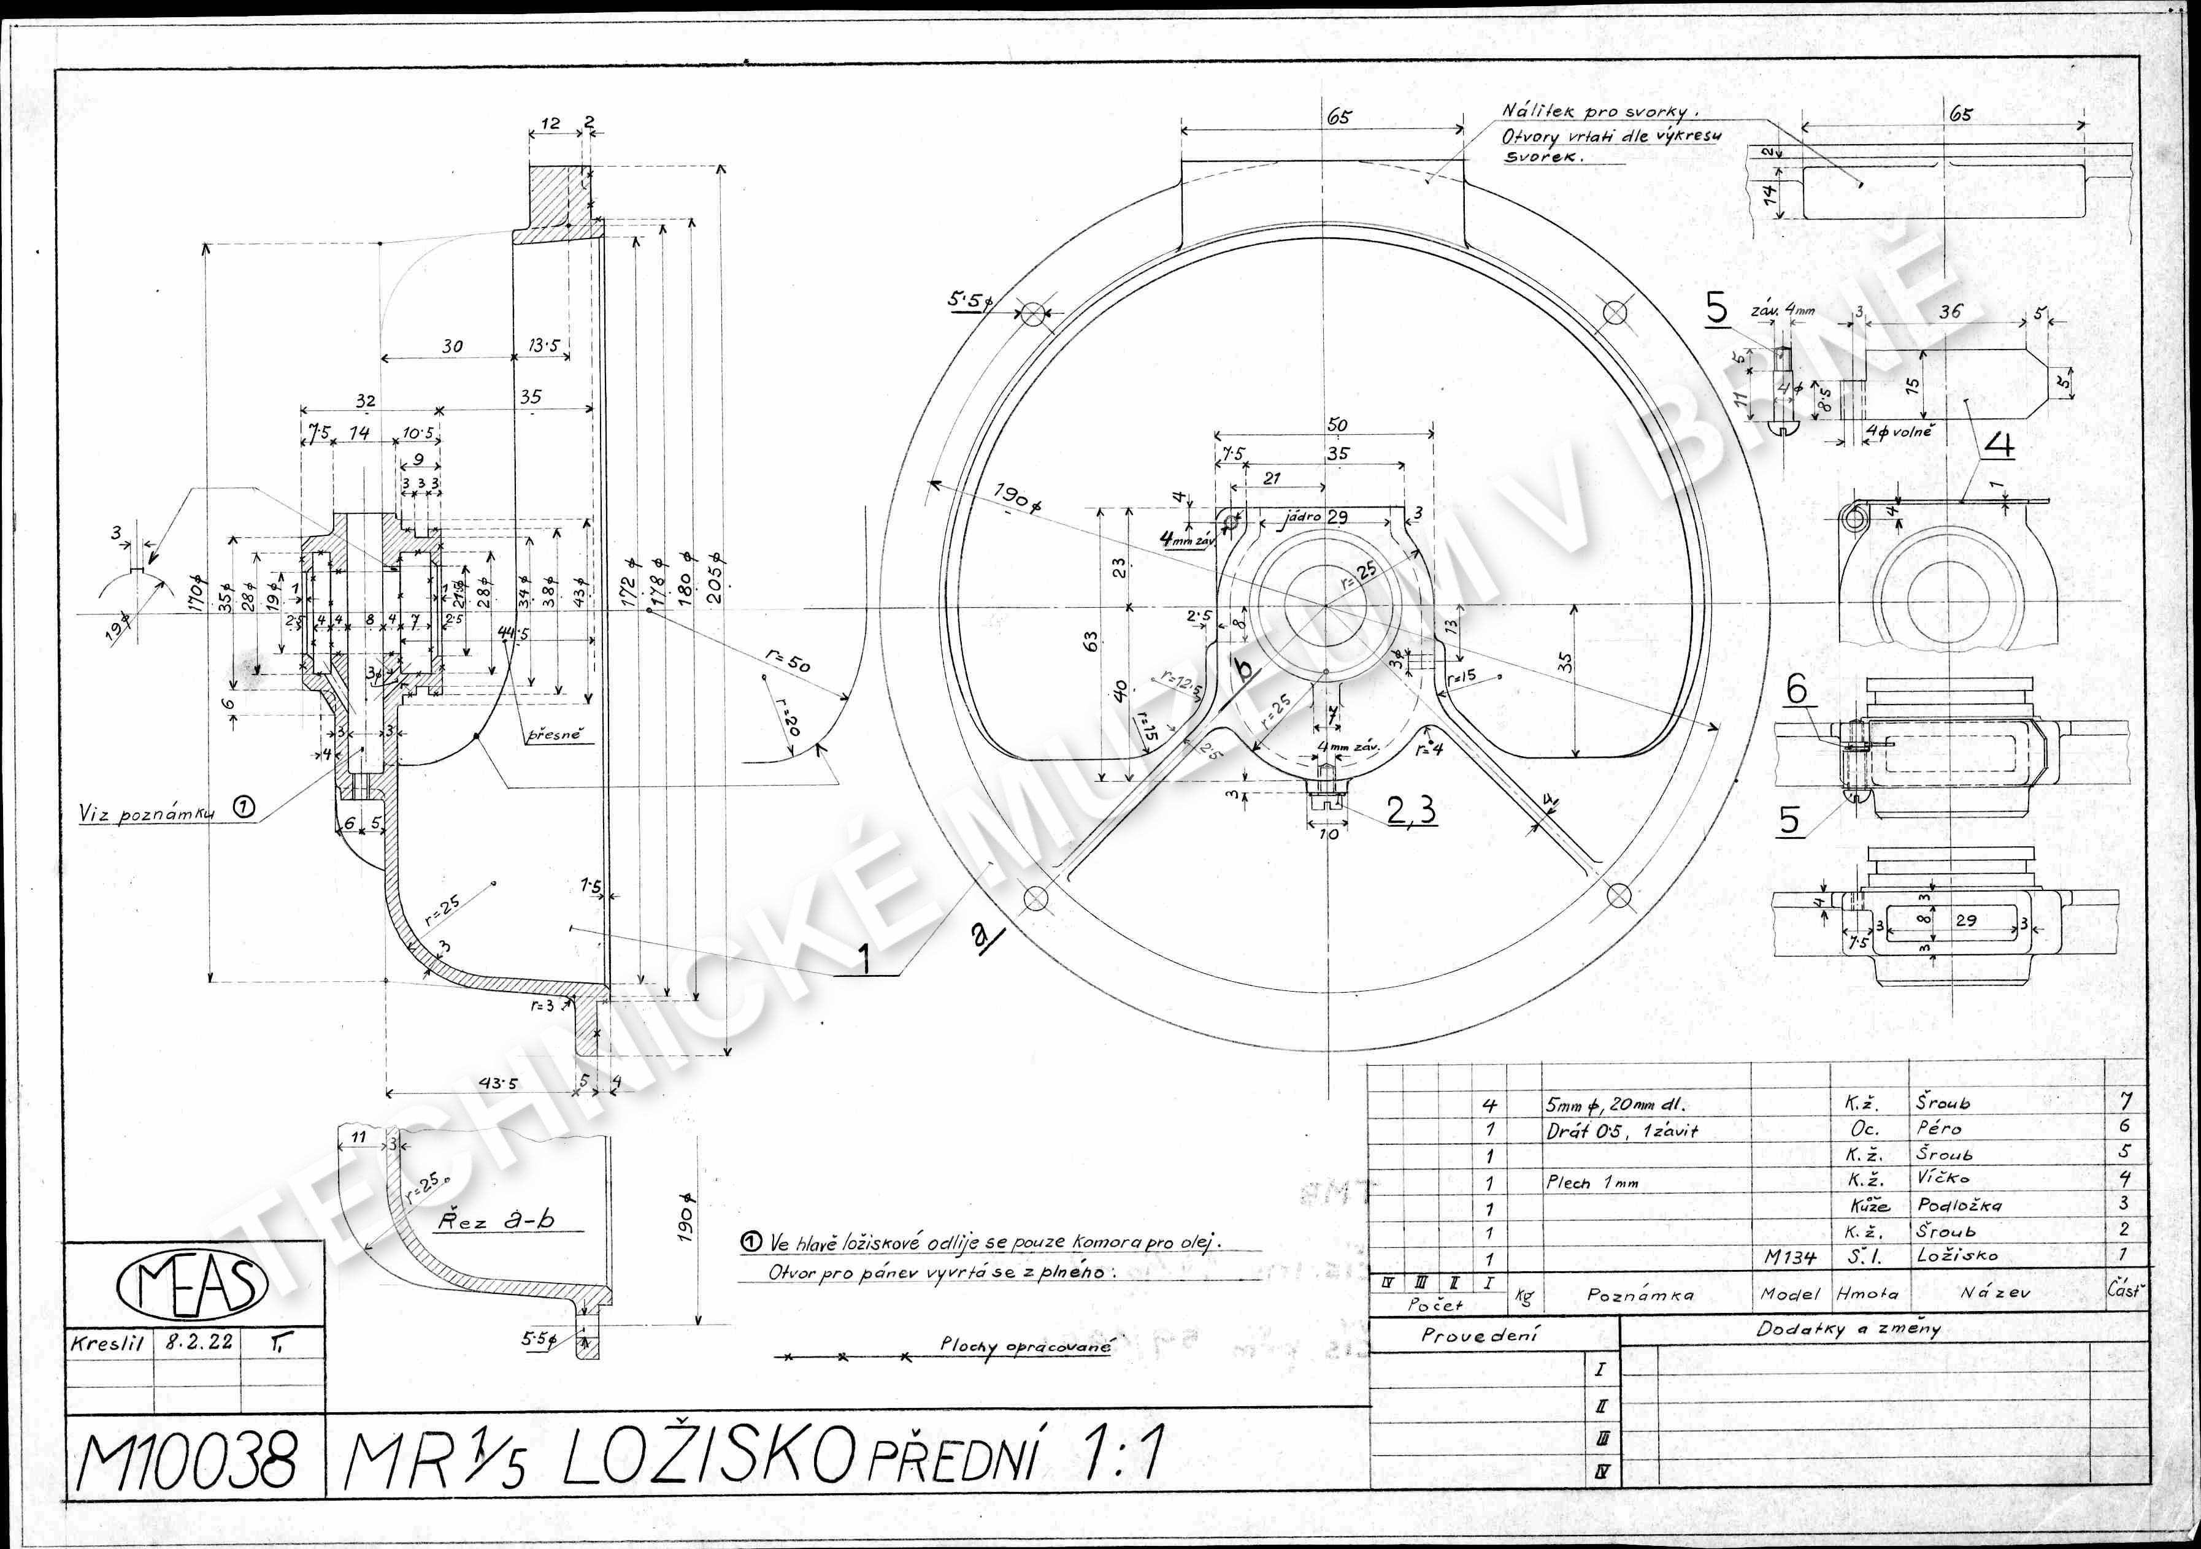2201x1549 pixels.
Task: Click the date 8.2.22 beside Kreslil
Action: pos(199,1342)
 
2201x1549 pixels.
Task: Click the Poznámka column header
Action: pos(1639,1294)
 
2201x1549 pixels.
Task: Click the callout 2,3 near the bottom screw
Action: pos(1411,811)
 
